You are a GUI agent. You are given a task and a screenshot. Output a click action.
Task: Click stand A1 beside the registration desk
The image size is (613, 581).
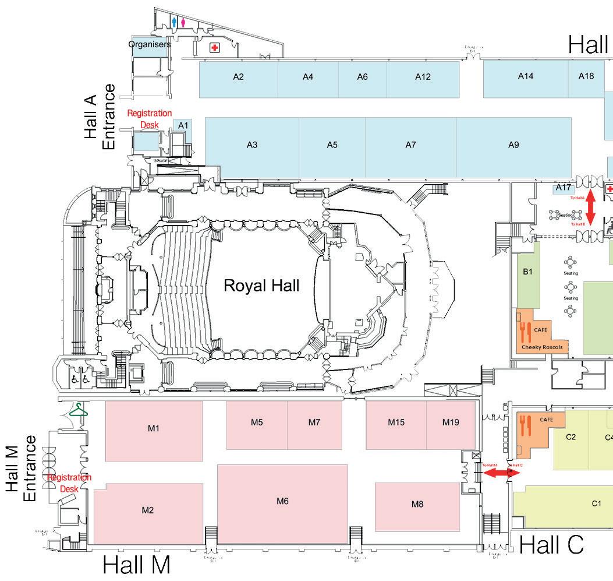[x=183, y=125]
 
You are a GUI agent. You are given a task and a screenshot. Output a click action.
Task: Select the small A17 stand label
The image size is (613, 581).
[x=563, y=188]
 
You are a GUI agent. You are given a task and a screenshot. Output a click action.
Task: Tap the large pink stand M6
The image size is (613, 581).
[x=283, y=501]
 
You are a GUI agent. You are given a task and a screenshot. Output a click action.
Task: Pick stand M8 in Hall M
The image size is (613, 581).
[x=417, y=505]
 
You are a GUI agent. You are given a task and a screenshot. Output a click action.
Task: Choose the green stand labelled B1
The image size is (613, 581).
[x=528, y=272]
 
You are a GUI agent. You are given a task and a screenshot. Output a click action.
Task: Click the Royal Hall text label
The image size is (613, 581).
[x=262, y=286]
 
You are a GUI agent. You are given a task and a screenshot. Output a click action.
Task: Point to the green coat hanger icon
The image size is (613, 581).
[x=77, y=411]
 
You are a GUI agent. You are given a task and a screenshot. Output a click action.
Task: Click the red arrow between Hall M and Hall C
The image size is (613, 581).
[x=496, y=473]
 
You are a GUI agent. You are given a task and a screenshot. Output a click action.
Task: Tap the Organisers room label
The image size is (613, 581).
[x=150, y=44]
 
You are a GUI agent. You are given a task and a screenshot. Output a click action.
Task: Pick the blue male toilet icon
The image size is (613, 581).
[x=174, y=22]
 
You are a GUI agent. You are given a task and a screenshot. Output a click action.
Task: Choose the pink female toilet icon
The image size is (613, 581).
[x=183, y=22]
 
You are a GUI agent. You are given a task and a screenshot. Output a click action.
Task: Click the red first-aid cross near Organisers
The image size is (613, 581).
[x=215, y=48]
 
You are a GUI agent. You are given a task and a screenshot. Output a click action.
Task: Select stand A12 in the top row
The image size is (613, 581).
[x=423, y=77]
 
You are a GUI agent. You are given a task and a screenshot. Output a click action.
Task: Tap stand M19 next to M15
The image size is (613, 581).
[x=451, y=422]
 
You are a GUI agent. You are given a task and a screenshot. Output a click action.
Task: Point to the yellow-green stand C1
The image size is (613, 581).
[x=596, y=503]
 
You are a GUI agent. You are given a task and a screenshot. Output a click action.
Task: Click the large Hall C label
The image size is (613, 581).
[x=551, y=545]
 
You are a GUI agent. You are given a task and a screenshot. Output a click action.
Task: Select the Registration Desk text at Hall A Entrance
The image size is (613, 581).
[x=150, y=119]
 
